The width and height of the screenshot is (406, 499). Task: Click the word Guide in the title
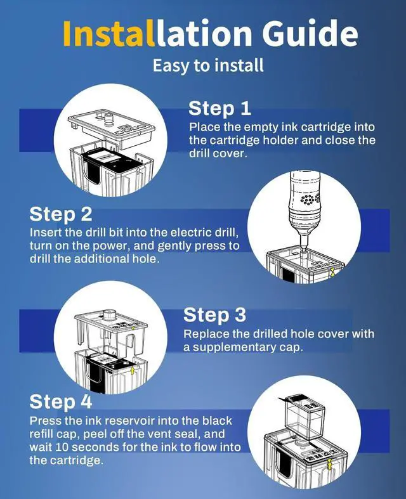pos(310,32)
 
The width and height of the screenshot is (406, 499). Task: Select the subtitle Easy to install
pos(208,65)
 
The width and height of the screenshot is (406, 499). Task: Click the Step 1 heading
pos(219,108)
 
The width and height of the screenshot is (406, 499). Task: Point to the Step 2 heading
pos(61,214)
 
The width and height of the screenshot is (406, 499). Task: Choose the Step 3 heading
pos(214,315)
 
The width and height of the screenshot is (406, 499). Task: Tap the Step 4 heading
pos(61,401)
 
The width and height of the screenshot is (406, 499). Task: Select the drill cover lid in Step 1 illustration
pos(112,127)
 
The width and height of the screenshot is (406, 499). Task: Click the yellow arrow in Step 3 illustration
pos(133,370)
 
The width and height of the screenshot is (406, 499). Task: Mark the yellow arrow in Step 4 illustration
pos(330,464)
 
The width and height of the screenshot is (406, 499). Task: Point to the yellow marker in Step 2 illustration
pos(332,272)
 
